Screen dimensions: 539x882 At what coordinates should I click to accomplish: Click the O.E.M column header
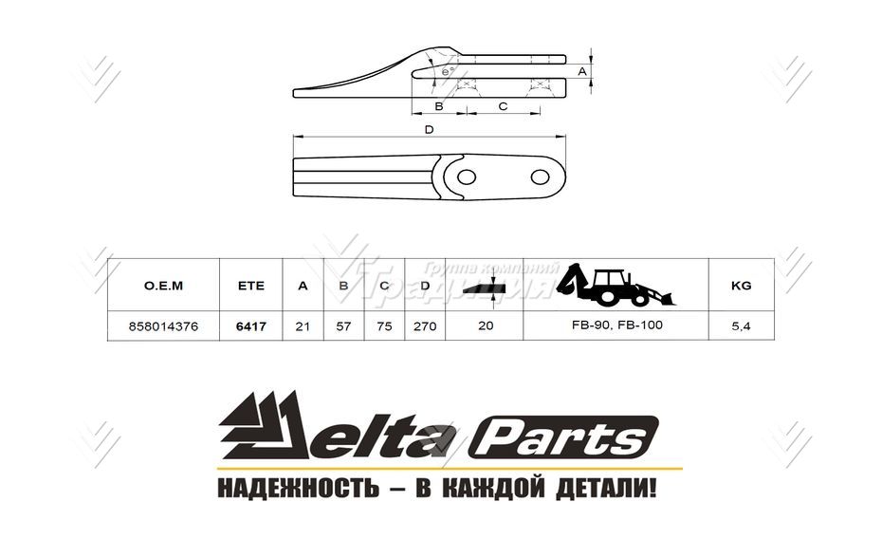coord(162,285)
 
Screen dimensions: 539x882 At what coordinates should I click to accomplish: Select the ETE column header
coord(250,285)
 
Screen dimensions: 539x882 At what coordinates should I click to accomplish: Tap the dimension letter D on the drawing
coord(430,129)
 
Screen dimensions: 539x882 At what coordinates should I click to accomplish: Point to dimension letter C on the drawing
coord(504,106)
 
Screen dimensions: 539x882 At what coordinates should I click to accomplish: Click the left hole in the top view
coord(466,177)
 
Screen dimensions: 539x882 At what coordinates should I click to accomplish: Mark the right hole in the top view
coord(541,177)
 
